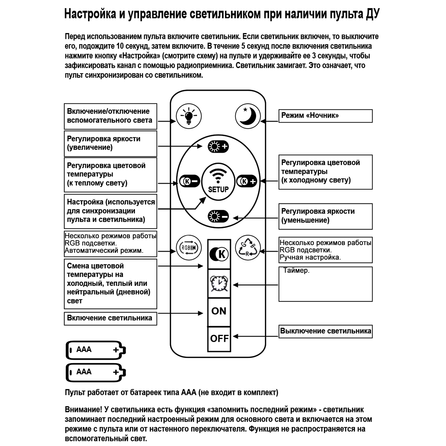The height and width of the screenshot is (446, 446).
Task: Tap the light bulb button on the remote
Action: tap(189, 116)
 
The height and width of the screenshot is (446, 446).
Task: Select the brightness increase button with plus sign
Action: tap(218, 147)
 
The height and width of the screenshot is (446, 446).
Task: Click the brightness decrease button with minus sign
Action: tap(218, 217)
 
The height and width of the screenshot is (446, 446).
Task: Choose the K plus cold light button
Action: tap(247, 181)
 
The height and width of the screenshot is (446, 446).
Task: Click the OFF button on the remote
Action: tap(219, 339)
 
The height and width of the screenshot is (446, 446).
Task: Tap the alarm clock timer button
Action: tap(219, 284)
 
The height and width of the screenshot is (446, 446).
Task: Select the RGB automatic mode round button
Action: tap(189, 248)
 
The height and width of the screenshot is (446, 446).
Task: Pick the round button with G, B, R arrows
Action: tap(248, 248)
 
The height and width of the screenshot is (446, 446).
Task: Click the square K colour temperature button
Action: tap(219, 254)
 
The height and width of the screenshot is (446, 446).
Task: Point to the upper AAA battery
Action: tap(95, 350)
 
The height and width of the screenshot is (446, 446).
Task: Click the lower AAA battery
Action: tap(95, 372)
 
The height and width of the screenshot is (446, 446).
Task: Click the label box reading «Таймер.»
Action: tap(325, 284)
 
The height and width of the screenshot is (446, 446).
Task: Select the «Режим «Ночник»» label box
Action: tap(325, 116)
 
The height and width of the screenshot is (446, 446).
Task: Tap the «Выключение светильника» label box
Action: tap(325, 331)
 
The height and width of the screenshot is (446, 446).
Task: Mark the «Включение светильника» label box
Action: tap(110, 318)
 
